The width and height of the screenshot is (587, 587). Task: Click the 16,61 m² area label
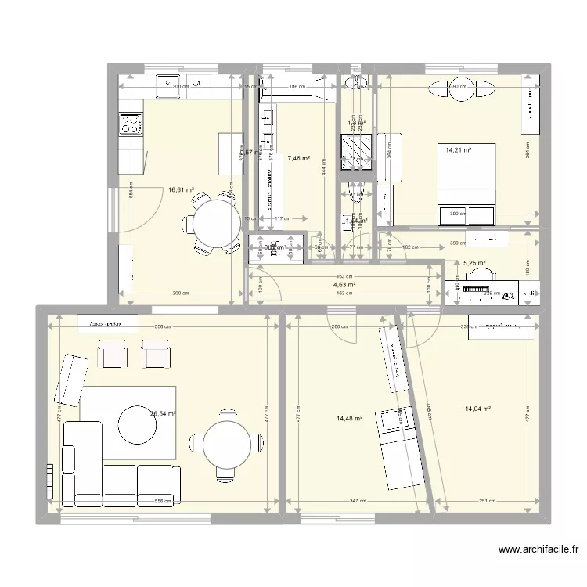tap(179, 189)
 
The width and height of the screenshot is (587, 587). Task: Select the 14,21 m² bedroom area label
tap(459, 150)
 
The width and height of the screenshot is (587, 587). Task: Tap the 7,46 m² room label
tap(298, 159)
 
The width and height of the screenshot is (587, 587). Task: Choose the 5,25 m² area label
tap(474, 264)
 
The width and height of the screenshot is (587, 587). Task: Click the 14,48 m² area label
tap(349, 418)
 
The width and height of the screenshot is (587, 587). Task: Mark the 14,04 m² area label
tap(477, 409)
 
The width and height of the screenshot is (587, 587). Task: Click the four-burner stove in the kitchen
tap(130, 123)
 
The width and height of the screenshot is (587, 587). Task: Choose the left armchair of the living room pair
tap(111, 355)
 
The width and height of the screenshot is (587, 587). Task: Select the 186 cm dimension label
tap(296, 87)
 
